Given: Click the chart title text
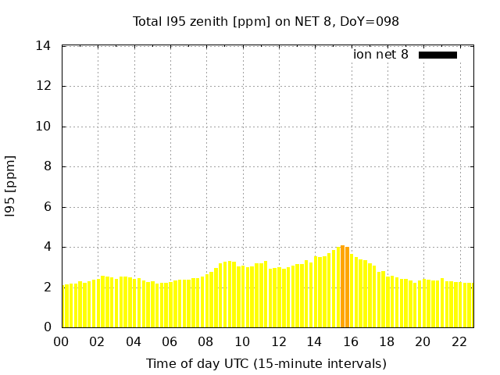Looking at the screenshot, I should [266, 22].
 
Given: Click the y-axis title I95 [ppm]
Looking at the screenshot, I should [11, 187].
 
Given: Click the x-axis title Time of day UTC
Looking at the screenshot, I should [266, 364].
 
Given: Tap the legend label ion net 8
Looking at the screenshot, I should [380, 55].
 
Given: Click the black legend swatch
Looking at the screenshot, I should [437, 55].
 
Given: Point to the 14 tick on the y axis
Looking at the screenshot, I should [44, 46].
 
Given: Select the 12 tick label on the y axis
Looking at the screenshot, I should [44, 86].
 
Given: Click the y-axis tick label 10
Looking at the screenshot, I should [44, 127].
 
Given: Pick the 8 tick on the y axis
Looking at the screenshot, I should [48, 166].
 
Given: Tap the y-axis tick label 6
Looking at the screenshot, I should [48, 207].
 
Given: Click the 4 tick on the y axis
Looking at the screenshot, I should [48, 247].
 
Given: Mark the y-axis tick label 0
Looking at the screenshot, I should [48, 327].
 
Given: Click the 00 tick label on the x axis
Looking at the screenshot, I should [62, 341].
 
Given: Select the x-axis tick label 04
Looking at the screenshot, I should [134, 341].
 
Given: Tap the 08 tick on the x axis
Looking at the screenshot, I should [206, 341].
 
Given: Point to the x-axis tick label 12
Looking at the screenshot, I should [278, 341].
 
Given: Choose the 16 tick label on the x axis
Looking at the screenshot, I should [351, 341].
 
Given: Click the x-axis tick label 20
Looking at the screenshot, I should [423, 341].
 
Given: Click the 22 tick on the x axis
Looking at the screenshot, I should [459, 341].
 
